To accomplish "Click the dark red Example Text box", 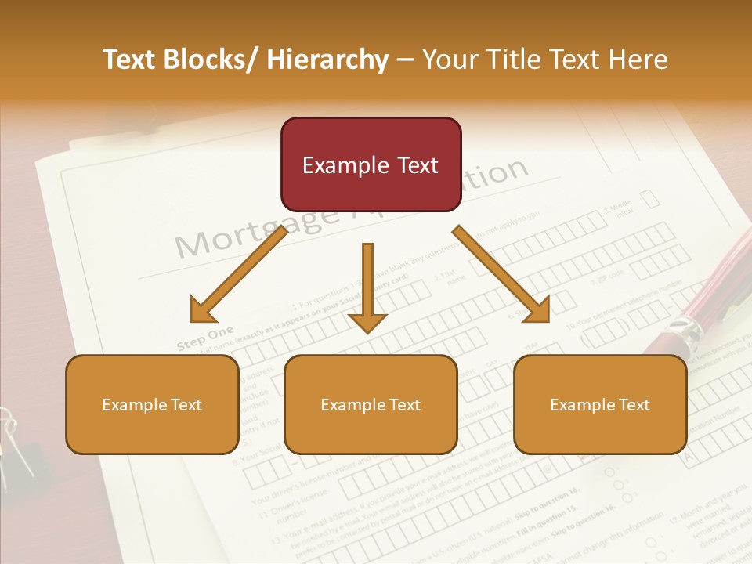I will point(371,164).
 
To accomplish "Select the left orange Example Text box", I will point(151,404).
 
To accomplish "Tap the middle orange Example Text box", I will point(370,404).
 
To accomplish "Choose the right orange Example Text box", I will point(600,404).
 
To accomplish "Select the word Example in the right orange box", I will point(580,405).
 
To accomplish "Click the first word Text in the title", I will point(130,60).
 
